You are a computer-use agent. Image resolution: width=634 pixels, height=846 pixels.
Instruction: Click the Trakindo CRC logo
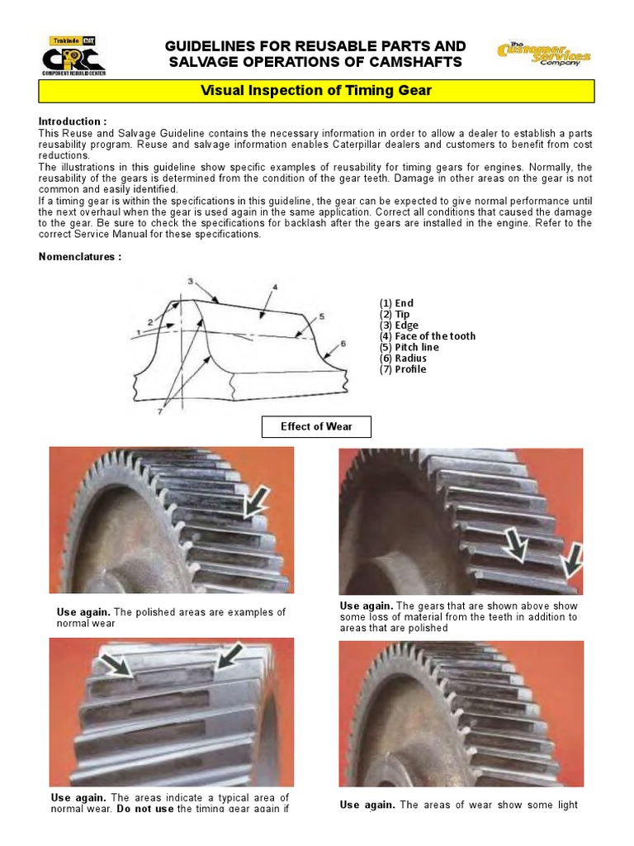click(73, 56)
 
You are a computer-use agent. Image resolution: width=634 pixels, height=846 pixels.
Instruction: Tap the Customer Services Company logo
click(543, 55)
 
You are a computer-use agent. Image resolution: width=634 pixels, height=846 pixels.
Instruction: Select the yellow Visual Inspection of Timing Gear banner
click(316, 91)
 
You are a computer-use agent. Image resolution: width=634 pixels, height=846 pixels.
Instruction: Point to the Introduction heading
click(73, 121)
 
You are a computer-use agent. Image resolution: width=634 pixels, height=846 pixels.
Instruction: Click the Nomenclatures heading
click(80, 256)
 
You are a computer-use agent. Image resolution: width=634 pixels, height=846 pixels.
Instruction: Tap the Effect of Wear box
click(316, 427)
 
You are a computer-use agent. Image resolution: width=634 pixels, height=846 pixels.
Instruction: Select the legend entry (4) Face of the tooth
click(427, 336)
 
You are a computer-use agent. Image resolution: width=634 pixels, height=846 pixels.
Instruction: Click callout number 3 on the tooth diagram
click(191, 282)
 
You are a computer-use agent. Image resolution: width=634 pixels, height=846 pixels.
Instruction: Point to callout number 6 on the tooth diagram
click(342, 343)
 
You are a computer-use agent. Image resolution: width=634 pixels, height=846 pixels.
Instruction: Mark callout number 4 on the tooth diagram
click(275, 288)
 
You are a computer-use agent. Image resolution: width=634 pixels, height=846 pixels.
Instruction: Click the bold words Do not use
click(144, 809)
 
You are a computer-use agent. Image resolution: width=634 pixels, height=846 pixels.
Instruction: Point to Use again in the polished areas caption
click(83, 612)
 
